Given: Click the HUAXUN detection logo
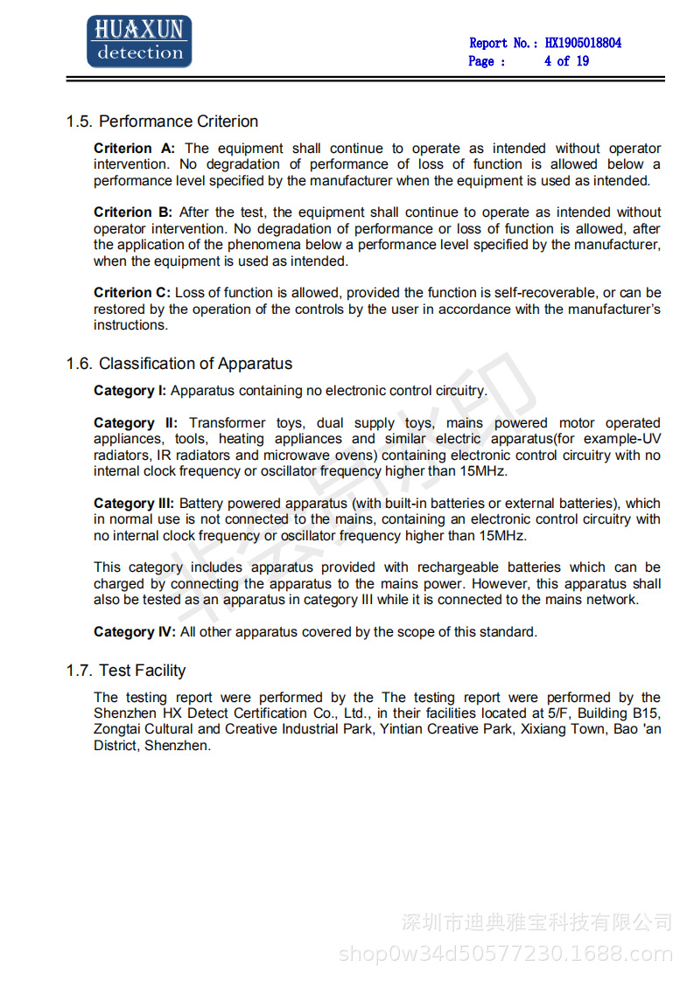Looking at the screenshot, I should pyautogui.click(x=139, y=42).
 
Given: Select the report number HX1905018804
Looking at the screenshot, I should pyautogui.click(x=583, y=43).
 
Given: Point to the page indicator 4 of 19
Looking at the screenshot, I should pyautogui.click(x=566, y=61).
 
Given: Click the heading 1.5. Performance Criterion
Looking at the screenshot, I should pyautogui.click(x=162, y=122).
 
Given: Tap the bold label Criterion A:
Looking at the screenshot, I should pyautogui.click(x=134, y=149).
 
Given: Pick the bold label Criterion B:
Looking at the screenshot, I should pyautogui.click(x=133, y=212).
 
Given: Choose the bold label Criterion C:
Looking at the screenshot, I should pyautogui.click(x=133, y=293).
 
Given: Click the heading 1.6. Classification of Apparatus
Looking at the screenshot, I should pyautogui.click(x=179, y=364).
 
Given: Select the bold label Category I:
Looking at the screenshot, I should pyautogui.click(x=130, y=391).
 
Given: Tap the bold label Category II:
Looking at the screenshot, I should pyautogui.click(x=136, y=423).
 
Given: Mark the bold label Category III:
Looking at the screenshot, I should pyautogui.click(x=134, y=504).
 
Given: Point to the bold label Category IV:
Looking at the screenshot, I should pyautogui.click(x=134, y=632).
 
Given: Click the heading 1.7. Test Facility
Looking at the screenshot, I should pyautogui.click(x=126, y=671).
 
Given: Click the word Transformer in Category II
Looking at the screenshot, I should pyautogui.click(x=227, y=423).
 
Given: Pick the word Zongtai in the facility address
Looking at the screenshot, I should pyautogui.click(x=117, y=729).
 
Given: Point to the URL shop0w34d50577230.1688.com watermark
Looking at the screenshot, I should pyautogui.click(x=505, y=954).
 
